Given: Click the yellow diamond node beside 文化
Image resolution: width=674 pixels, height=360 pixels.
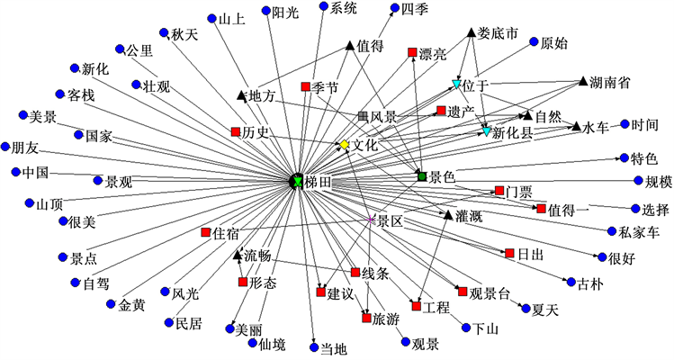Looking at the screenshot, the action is pyautogui.click(x=343, y=144).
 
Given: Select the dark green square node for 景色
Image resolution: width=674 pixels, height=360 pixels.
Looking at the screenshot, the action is pyautogui.click(x=421, y=175).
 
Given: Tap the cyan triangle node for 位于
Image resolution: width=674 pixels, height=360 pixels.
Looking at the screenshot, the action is pyautogui.click(x=456, y=85).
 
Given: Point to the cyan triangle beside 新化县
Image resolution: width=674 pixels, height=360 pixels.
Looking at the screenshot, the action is pyautogui.click(x=487, y=131).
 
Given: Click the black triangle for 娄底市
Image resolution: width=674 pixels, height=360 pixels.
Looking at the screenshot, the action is pyautogui.click(x=470, y=34).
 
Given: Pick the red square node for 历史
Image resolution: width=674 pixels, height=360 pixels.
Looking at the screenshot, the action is pyautogui.click(x=236, y=132).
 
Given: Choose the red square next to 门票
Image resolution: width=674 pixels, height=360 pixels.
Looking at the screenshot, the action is pyautogui.click(x=499, y=190).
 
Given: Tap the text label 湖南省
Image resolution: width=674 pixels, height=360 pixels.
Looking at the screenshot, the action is pyautogui.click(x=609, y=82).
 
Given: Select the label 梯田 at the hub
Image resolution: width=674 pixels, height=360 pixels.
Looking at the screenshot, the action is pyautogui.click(x=319, y=183).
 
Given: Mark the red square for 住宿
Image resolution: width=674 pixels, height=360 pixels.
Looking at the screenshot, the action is pyautogui.click(x=206, y=233).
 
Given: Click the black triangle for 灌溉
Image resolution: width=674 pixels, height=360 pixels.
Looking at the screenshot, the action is pyautogui.click(x=448, y=214).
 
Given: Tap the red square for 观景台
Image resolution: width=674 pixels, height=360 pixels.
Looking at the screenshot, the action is pyautogui.click(x=463, y=292).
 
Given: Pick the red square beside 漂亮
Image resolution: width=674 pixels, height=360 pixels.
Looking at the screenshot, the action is pyautogui.click(x=412, y=54).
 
